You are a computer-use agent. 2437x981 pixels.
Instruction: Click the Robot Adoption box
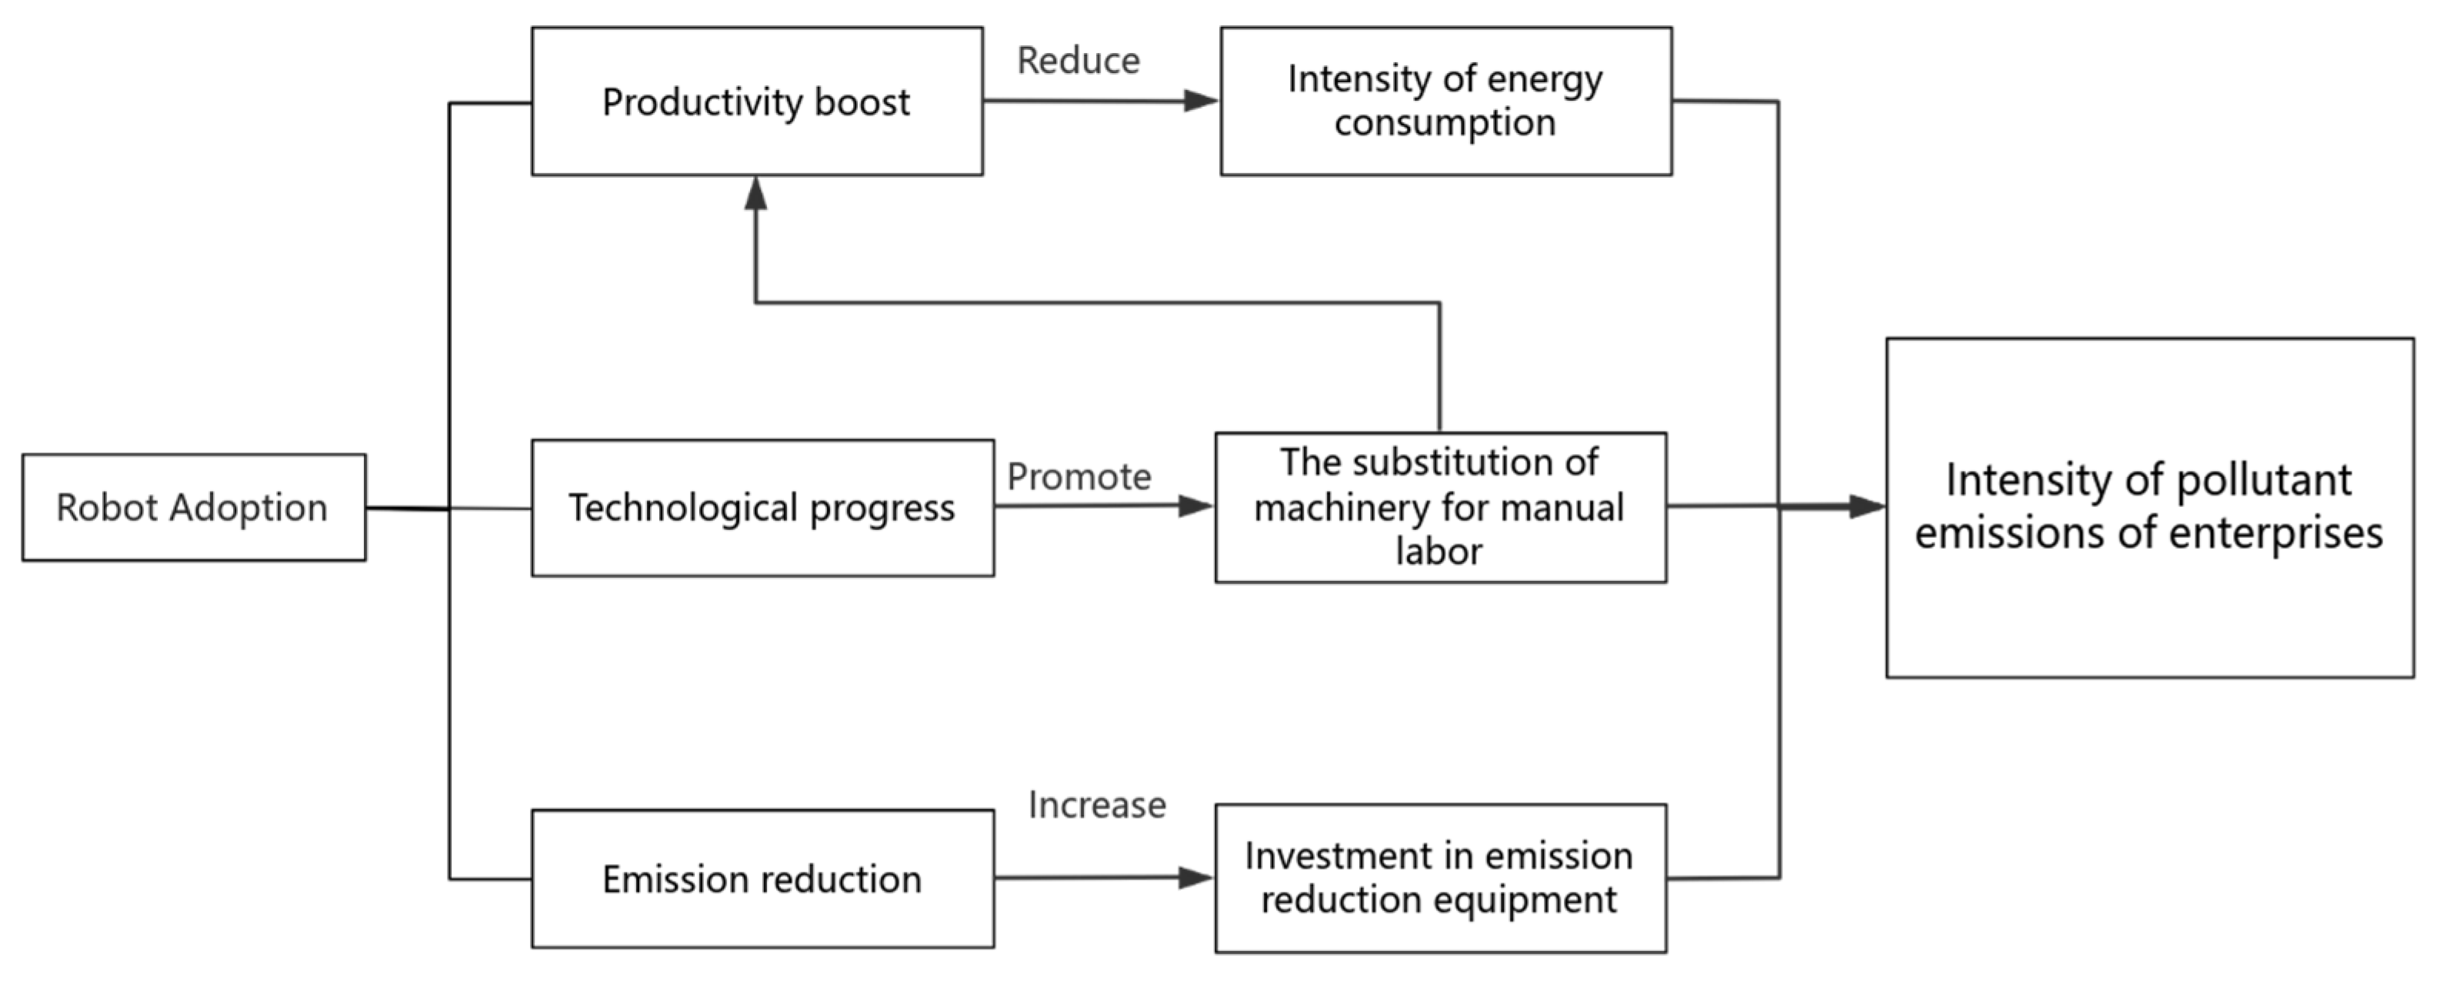click(194, 508)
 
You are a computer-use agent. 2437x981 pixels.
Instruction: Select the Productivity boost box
click(757, 102)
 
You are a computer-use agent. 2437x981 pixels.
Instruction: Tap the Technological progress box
click(762, 508)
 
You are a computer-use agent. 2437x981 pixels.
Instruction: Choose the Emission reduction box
click(762, 879)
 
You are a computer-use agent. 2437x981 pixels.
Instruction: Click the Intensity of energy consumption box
click(1445, 102)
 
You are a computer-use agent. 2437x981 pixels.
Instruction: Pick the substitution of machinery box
click(1440, 508)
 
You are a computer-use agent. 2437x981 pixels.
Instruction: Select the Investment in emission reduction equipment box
click(1440, 878)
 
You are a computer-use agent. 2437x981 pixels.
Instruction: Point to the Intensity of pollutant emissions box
click(2149, 508)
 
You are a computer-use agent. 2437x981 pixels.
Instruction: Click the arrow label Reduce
click(1078, 61)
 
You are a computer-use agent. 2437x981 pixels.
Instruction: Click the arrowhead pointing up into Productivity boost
click(755, 193)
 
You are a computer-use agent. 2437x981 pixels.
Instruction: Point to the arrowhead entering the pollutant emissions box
click(1868, 507)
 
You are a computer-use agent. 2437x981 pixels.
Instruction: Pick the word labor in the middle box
click(1439, 552)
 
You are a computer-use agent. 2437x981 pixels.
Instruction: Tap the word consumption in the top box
click(1445, 123)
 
